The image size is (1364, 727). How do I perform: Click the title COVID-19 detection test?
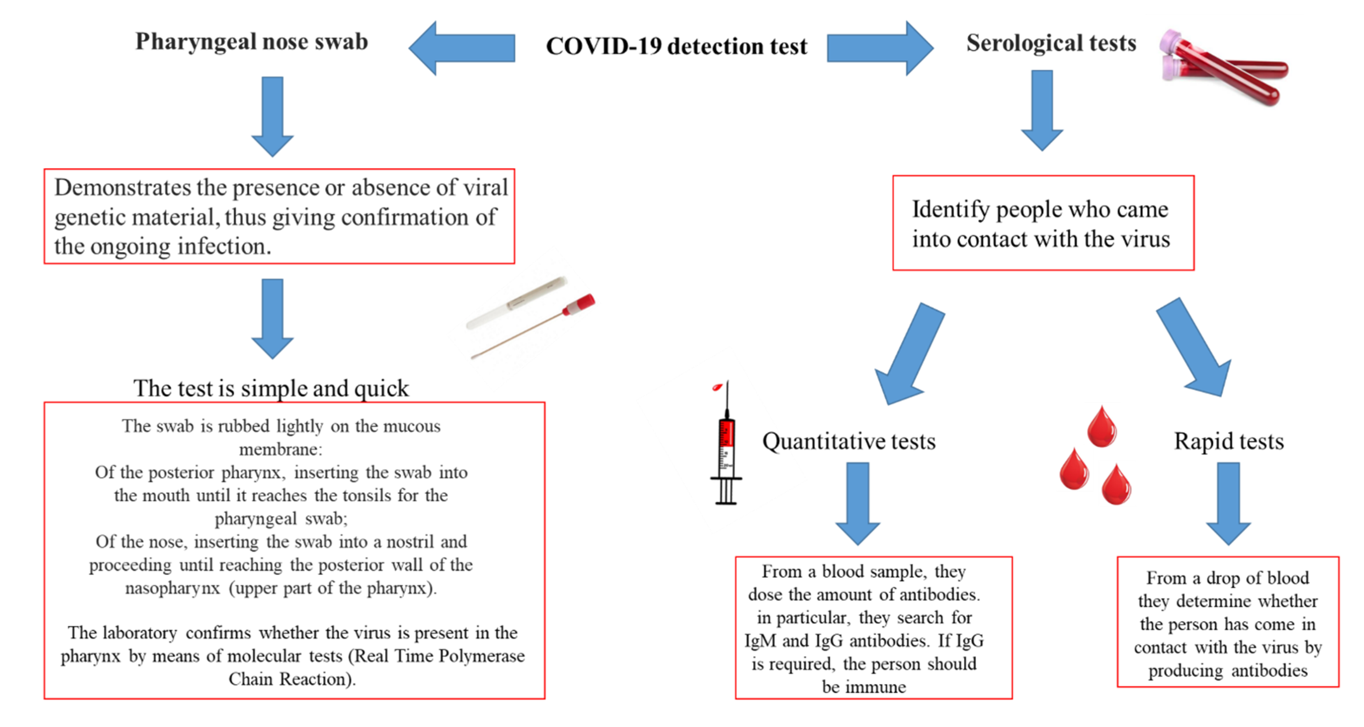coord(676,46)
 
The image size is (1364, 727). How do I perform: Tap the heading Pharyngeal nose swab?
coord(251,41)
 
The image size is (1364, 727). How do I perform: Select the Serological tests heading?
coord(1051,42)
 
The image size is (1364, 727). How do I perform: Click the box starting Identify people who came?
coord(1043,223)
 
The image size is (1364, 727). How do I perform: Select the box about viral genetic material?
coord(279,216)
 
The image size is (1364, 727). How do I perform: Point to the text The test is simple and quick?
coord(271,388)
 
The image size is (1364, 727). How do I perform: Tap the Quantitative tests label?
coord(849,441)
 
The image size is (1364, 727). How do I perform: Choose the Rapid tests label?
coord(1229,441)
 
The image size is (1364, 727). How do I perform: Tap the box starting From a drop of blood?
coord(1227,622)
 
